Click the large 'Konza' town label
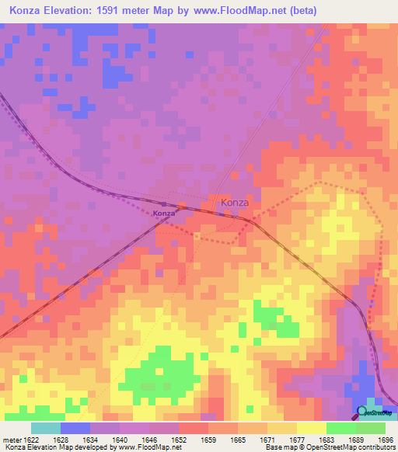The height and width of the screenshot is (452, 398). tap(235, 203)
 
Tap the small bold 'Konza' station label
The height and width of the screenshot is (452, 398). tap(163, 214)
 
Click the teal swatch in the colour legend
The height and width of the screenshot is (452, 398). tap(46, 429)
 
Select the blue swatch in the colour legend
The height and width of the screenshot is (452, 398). tap(75, 429)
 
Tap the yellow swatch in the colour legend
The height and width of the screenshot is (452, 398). tap(311, 429)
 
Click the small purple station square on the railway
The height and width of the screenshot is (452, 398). tap(180, 208)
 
